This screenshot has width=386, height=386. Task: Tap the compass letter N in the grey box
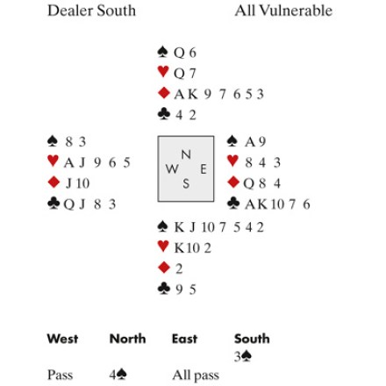pos(186,154)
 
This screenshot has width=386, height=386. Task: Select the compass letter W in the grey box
pos(172,169)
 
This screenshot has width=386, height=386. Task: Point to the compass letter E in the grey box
pos(204,169)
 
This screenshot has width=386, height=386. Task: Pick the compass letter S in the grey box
pos(186,183)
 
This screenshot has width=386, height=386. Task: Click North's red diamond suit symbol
pos(164,93)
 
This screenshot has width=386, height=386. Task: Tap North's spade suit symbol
pos(163,52)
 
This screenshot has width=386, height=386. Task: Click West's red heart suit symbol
pos(53,161)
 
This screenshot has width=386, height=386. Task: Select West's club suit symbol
pos(54,204)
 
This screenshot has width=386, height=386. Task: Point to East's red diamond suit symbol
pos(233,182)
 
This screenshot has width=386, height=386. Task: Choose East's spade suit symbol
pos(232,141)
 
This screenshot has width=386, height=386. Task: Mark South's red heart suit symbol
pos(163,247)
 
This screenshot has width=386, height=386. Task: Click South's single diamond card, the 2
pos(179,268)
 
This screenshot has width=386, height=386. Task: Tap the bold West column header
pos(62,339)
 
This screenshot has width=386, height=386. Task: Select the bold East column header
pos(184,339)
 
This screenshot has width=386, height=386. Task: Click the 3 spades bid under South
pos(243,356)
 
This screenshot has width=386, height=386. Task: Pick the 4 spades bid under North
pos(118,375)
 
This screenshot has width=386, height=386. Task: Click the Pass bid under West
pos(60,375)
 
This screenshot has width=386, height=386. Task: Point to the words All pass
pos(196,375)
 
